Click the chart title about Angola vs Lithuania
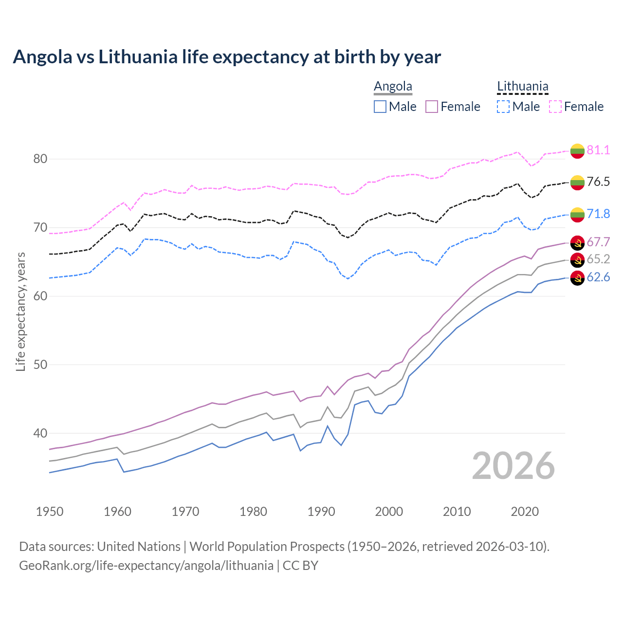tap(227, 57)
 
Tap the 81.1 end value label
tap(598, 150)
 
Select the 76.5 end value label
tap(598, 182)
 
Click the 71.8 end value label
tap(598, 214)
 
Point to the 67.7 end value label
tap(598, 242)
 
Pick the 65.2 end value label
tap(598, 259)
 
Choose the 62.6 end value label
tap(598, 277)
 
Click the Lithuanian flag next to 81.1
tap(577, 151)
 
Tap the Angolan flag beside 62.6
tap(577, 278)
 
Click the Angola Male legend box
tap(380, 107)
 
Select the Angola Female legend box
tap(432, 107)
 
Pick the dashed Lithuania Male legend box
tap(503, 107)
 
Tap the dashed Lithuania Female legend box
tap(555, 107)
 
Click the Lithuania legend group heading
tap(522, 87)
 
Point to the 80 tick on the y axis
tap(40, 159)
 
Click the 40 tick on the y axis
tap(40, 433)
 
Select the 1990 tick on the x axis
tap(321, 512)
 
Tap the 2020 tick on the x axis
tap(525, 512)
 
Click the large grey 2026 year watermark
tap(513, 466)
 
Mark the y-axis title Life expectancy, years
tap(20, 311)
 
